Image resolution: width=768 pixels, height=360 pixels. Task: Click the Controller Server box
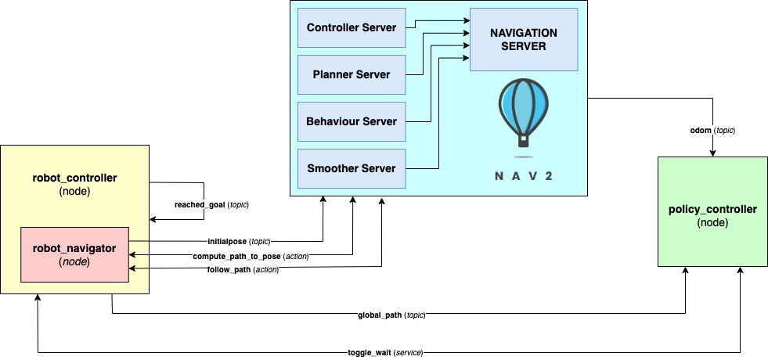pos(352,27)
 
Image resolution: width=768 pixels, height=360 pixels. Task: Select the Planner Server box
pos(352,74)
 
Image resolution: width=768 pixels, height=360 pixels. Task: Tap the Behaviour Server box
pos(352,121)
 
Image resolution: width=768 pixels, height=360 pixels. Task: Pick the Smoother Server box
pos(352,168)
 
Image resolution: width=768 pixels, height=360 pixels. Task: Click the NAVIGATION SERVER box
pos(523,39)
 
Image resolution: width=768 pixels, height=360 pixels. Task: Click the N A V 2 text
pos(524,175)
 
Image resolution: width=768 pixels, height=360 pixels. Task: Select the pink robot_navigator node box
pos(74,254)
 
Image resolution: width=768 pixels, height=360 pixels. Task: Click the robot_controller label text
pos(74,178)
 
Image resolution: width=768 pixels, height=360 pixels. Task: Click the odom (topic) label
pos(713,130)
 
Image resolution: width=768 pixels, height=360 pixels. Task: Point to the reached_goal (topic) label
pos(211,204)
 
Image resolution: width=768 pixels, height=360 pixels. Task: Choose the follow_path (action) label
pos(243,270)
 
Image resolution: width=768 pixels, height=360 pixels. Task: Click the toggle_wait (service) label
pos(385,353)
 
